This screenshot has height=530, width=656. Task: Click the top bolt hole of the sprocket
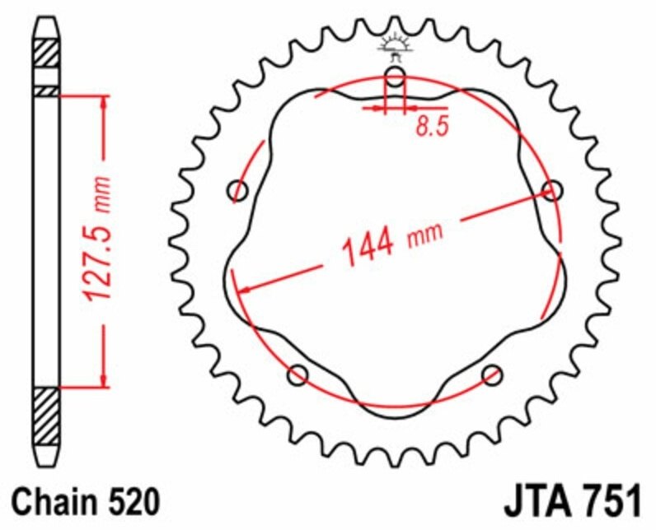click(x=396, y=79)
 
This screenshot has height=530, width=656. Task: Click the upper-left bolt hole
click(x=238, y=192)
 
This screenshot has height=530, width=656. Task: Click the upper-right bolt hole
click(x=553, y=191)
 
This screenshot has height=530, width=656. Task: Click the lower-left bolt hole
click(x=298, y=376)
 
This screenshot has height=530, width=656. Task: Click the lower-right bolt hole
click(x=493, y=375)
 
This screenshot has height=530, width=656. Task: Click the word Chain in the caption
click(x=51, y=500)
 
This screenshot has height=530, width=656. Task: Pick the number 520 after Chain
click(x=128, y=500)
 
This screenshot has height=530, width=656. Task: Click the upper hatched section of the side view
click(x=45, y=54)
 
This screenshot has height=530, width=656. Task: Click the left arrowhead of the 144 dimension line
click(x=241, y=289)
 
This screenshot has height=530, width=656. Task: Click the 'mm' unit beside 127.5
click(x=101, y=191)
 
